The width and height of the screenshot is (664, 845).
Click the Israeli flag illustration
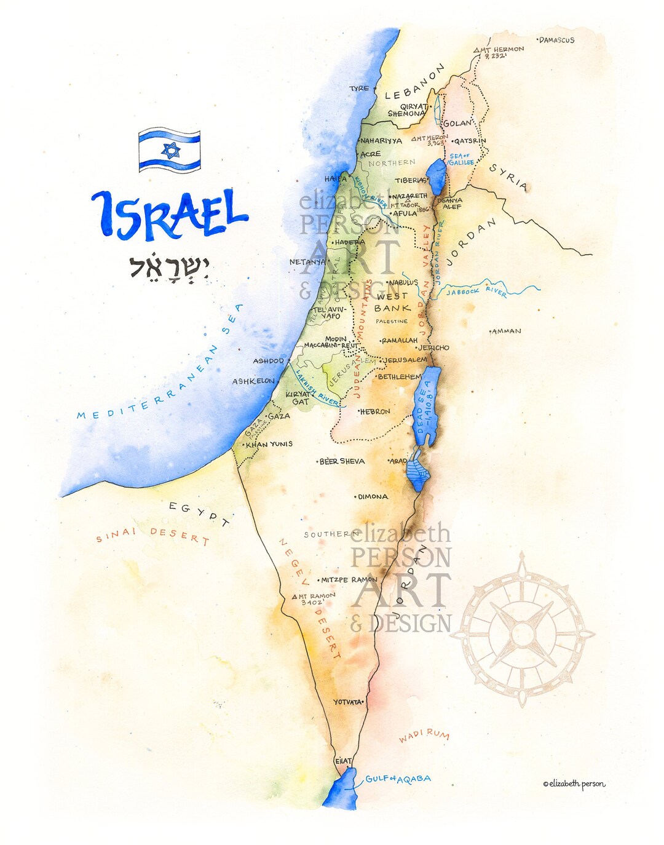point(170,150)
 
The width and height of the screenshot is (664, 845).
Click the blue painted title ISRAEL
point(169,215)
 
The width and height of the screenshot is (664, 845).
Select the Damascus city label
point(557,41)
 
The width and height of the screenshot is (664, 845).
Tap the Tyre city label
point(360,89)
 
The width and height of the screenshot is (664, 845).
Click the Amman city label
point(507,331)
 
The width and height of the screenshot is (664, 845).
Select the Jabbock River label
point(477,291)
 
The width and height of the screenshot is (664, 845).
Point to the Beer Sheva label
point(342,461)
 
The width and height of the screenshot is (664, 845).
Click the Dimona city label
point(373,496)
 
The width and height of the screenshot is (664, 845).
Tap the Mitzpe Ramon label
point(349,579)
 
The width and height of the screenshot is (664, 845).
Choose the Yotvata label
point(348,702)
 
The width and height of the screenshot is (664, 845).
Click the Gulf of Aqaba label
point(398,779)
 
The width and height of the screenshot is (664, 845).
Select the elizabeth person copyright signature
point(574,784)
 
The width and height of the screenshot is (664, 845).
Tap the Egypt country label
point(199,514)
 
